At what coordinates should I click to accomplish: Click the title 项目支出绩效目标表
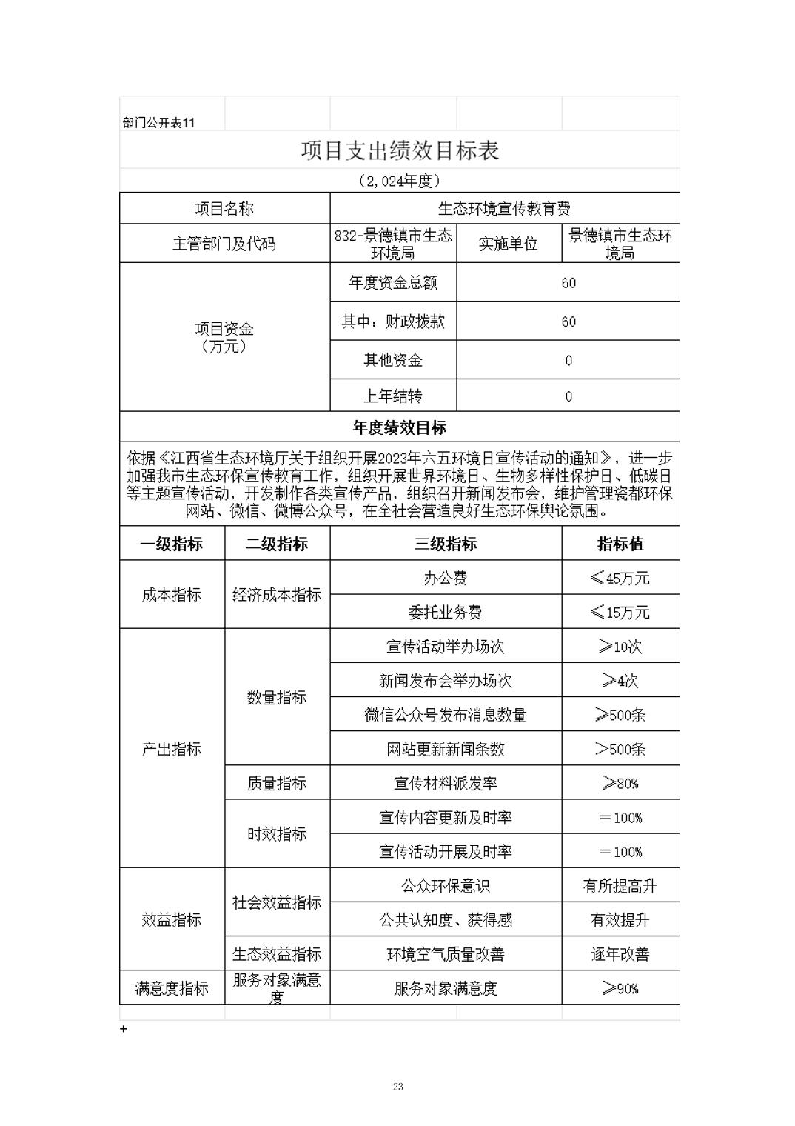tap(400, 150)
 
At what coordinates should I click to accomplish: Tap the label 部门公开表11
tap(158, 123)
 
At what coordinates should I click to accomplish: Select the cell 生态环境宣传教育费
tap(504, 209)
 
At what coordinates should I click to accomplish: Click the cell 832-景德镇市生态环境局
tap(393, 244)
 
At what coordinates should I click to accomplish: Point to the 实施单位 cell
tap(509, 244)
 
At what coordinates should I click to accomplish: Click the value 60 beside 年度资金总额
tap(568, 283)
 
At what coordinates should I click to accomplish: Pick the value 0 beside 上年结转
tap(568, 396)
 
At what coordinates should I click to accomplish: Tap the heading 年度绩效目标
tap(400, 427)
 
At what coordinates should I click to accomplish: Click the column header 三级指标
tap(446, 544)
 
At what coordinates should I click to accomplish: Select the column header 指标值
tap(620, 544)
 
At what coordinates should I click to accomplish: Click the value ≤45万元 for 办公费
tap(620, 578)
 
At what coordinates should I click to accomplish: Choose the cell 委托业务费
tap(446, 612)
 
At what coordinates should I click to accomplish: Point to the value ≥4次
tap(620, 681)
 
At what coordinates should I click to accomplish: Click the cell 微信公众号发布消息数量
tap(446, 715)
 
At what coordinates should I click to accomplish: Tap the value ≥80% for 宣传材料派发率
tap(620, 783)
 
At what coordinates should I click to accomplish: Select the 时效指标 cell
tap(277, 834)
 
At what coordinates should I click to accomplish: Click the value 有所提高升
tap(620, 886)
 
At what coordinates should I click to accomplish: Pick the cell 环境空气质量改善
tap(446, 954)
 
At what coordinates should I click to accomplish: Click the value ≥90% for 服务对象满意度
tap(620, 988)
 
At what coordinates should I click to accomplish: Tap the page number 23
tap(398, 1087)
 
